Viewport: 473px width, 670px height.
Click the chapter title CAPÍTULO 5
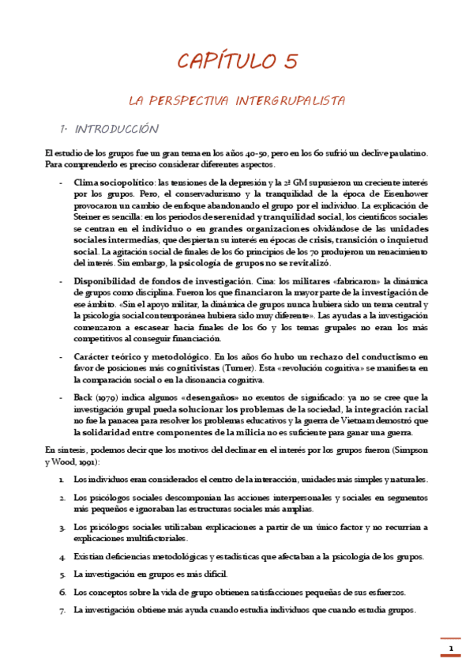coord(237,61)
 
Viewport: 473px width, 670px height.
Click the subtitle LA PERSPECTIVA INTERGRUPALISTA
coord(237,101)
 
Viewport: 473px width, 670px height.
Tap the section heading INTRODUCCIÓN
coord(115,129)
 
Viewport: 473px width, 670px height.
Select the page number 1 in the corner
coord(451,649)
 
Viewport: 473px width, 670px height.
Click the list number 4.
coord(62,557)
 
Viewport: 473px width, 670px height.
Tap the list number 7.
coord(62,610)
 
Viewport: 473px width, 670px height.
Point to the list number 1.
coord(62,480)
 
